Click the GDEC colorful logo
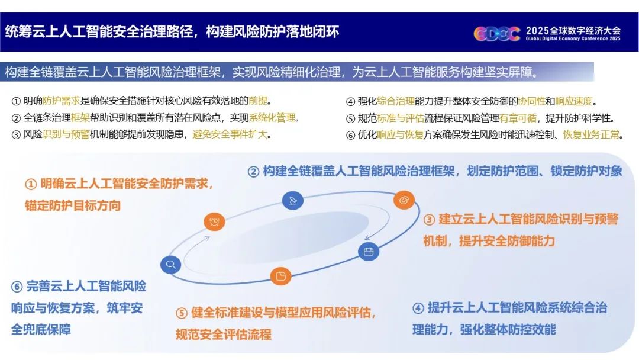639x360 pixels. (497, 33)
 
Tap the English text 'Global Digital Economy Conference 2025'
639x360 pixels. (573, 38)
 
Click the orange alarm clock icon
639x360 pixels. (214, 221)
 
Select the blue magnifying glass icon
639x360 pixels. (171, 265)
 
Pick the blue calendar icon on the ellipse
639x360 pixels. (369, 252)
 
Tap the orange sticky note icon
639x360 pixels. (281, 276)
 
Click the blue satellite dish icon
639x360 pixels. (293, 200)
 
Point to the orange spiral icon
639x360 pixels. (404, 200)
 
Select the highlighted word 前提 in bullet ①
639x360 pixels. (259, 101)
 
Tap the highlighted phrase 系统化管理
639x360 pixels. (272, 118)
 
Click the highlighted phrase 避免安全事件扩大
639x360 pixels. (230, 134)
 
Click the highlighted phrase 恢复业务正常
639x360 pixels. (591, 134)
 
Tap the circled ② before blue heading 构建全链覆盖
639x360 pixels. (253, 172)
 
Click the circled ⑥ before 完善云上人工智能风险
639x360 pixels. (17, 287)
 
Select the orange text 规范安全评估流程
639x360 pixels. (223, 335)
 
